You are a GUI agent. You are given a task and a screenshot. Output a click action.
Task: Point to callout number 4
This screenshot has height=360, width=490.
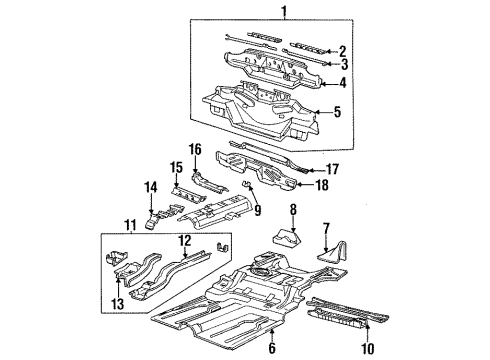pos(343,85)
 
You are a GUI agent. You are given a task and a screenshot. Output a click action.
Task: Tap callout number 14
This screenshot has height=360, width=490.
pos(152,186)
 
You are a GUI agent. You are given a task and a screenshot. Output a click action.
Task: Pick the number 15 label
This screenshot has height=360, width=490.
pos(176,166)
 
